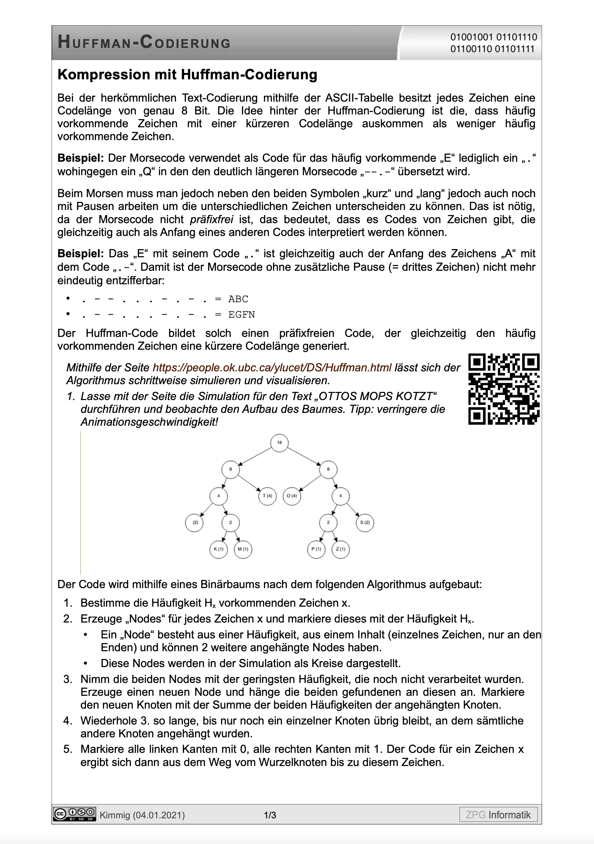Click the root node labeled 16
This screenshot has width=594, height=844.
tap(279, 443)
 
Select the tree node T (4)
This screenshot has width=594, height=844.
tap(267, 496)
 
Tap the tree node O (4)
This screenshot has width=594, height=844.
tap(292, 496)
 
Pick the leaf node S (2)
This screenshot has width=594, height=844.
tap(365, 522)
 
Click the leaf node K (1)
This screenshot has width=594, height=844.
tap(218, 549)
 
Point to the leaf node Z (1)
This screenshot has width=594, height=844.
tap(341, 549)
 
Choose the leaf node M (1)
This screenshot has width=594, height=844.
tap(243, 549)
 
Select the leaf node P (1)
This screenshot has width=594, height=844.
tap(316, 549)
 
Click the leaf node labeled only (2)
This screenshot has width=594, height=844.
tap(194, 522)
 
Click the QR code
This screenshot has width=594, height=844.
tap(504, 389)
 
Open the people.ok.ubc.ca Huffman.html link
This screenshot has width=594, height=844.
tap(272, 368)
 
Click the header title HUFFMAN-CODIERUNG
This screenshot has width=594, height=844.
tap(144, 42)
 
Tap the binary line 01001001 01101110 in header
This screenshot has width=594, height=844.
tap(493, 37)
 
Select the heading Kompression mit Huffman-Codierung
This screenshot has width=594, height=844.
tap(187, 75)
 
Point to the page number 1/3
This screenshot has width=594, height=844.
tap(270, 815)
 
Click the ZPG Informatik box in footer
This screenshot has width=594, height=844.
tap(498, 815)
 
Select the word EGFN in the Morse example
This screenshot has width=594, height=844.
tap(242, 315)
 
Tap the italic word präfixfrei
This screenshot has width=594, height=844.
tap(211, 219)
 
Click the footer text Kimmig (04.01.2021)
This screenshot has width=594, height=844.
tap(142, 815)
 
